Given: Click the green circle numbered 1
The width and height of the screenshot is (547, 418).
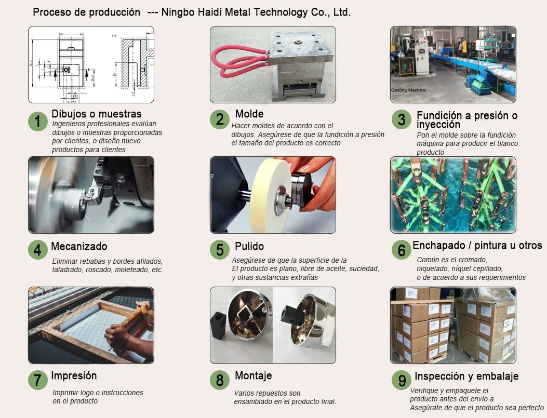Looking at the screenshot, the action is [38, 122].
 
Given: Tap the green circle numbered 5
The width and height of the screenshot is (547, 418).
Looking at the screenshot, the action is [220, 250].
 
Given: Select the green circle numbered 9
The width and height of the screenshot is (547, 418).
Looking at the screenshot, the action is [402, 380].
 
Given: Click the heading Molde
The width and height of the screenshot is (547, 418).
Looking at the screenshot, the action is [249, 114].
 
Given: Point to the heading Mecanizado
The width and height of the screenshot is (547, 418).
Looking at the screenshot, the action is [79, 246].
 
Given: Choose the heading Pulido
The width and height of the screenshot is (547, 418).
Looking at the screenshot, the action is [249, 246].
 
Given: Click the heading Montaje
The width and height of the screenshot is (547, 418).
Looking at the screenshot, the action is [254, 376].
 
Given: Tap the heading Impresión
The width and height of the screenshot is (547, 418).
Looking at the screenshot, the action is [74, 376].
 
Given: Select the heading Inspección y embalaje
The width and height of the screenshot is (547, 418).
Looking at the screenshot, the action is [466, 376].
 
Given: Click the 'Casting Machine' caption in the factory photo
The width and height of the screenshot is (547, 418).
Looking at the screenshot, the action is [408, 90].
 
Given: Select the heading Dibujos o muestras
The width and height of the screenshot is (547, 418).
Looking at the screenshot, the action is [97, 114].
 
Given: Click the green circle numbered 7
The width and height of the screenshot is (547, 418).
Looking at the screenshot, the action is [38, 380].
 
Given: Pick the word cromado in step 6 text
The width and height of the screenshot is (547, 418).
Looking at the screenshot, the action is [474, 260].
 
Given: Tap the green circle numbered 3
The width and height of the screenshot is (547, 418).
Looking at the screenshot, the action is [402, 119].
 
